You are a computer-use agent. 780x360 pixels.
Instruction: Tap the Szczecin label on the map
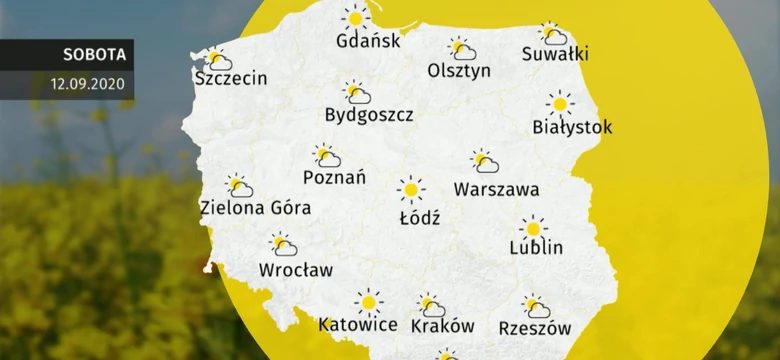[232, 78]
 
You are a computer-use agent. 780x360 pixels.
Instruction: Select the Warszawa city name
[496, 188]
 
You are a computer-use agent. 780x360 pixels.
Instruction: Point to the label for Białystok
[573, 127]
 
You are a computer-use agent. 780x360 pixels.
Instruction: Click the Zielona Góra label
[255, 208]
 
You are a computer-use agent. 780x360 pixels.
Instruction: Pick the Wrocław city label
[296, 269]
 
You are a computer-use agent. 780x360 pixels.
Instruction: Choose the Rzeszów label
[535, 327]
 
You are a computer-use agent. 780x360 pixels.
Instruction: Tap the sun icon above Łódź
[410, 189]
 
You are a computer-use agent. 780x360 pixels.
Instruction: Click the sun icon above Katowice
[369, 301]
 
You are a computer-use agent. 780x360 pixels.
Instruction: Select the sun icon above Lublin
[534, 227]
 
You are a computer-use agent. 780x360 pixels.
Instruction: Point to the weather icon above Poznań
[326, 156]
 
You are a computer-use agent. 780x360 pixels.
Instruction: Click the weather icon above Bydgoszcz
[356, 93]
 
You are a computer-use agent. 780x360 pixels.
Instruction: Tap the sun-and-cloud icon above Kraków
[432, 305]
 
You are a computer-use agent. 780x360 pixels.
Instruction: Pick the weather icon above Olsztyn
[461, 49]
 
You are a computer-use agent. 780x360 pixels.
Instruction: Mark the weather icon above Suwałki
[552, 34]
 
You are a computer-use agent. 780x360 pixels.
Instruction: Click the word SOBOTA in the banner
[81, 55]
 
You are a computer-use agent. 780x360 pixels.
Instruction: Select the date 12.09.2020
[88, 84]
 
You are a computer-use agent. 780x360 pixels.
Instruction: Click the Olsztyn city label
[459, 71]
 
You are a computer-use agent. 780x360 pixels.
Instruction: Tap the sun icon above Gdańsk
[355, 18]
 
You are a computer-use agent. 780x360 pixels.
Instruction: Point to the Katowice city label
[358, 325]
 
